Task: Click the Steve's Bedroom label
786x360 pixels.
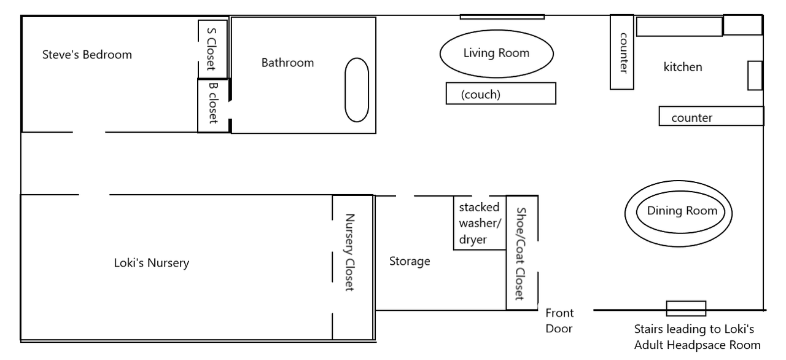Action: pos(87,55)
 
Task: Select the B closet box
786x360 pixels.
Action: pos(212,105)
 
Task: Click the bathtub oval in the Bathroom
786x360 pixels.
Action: pos(356,90)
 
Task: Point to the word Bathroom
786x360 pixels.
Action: pos(287,63)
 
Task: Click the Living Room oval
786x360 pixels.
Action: pos(496,53)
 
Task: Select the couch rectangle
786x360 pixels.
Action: pos(500,93)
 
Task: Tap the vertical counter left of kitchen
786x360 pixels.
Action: pos(621,52)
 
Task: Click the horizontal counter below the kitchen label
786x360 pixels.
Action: pos(711,116)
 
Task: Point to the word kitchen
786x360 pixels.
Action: pos(682,67)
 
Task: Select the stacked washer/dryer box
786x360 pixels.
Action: pos(478,223)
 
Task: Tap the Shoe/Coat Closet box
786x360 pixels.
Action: pos(521,252)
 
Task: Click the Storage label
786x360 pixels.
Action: pos(410,262)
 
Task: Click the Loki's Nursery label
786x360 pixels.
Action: pos(152,264)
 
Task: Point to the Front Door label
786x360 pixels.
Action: pos(559,321)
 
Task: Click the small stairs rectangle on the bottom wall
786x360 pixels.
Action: pos(686,308)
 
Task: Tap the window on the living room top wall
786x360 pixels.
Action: pos(502,17)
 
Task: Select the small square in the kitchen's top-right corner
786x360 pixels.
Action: pos(742,25)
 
